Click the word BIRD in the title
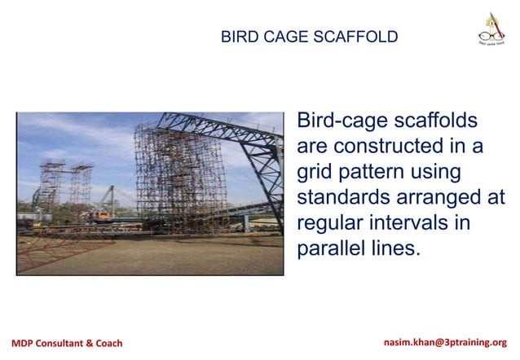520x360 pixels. point(237,37)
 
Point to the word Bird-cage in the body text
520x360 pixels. point(342,122)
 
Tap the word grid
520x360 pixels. point(315,173)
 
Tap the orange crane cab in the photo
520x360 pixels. point(104,216)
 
